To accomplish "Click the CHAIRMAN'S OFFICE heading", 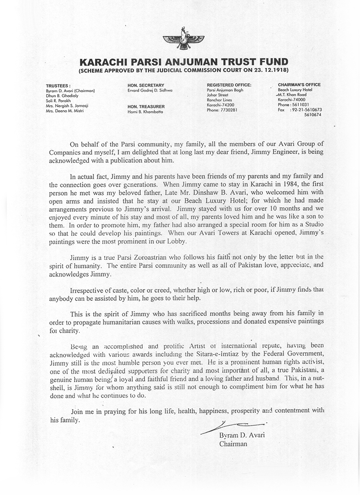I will tap(299, 85).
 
